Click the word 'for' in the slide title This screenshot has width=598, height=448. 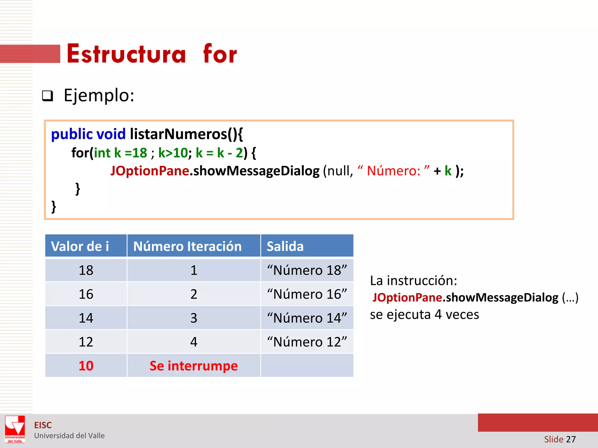point(220,54)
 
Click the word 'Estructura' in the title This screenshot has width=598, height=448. point(126,54)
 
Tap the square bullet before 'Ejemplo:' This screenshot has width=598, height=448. point(48,96)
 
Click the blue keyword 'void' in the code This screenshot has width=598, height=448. point(111,134)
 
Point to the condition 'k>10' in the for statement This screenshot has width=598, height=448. point(173,153)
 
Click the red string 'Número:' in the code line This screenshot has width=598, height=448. point(393,171)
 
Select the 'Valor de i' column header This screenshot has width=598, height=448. point(80,246)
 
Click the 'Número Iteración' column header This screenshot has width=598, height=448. point(187,246)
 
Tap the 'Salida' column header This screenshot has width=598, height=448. point(285,246)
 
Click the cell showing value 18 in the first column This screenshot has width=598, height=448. point(86,270)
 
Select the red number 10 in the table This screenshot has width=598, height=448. point(86,366)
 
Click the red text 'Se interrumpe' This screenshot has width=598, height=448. point(194,366)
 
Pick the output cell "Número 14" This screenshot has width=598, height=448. point(307,318)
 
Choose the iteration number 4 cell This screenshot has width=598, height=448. point(194,342)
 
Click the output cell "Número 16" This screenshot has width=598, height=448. point(307,294)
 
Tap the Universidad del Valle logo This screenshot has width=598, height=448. point(15,429)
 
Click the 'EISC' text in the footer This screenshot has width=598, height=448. point(43,425)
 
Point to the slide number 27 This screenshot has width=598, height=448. point(571,439)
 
